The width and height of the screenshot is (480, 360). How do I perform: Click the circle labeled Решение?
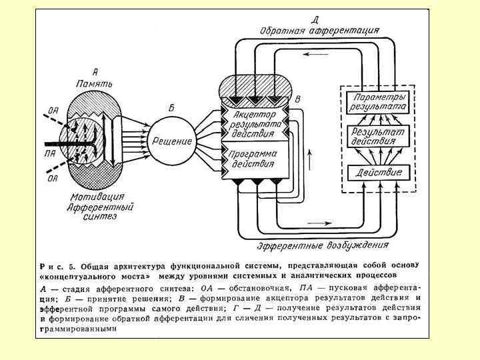pyautogui.click(x=172, y=141)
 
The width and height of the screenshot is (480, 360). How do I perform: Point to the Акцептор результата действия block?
pyautogui.click(x=253, y=123)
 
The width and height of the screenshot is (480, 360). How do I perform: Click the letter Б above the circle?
pyautogui.click(x=171, y=107)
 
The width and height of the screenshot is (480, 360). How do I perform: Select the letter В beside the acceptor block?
pyautogui.click(x=298, y=99)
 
